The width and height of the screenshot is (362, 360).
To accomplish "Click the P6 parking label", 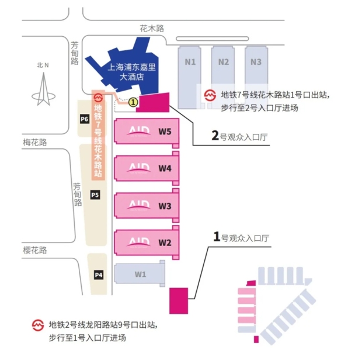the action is tap(85, 119).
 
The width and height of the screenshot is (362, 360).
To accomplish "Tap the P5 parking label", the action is tap(95, 195).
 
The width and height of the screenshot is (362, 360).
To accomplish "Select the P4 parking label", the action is tap(99, 275).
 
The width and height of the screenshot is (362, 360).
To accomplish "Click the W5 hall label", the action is tap(165, 131).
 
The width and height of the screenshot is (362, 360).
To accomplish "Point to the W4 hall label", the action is tap(165, 168).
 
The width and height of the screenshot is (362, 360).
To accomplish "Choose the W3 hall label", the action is tap(165, 206).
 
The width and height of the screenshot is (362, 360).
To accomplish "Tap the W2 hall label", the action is tap(165, 243).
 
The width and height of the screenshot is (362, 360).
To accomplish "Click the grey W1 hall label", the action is tap(140, 274).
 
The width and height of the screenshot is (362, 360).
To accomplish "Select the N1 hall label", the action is tap(190, 62).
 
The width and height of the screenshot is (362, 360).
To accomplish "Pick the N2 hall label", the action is tap(224, 62).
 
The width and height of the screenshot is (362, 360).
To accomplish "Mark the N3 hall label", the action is tap(256, 62).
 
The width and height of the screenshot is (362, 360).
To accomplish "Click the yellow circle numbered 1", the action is tap(133, 102).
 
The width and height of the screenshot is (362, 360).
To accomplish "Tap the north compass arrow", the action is tap(43, 89).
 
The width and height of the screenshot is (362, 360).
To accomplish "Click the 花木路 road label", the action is tap(152, 29).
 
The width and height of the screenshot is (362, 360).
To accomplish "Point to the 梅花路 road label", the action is tap(35, 143).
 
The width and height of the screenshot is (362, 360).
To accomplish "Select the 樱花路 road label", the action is tap(35, 250).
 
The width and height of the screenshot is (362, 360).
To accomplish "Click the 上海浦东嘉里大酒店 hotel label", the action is tap(131, 72).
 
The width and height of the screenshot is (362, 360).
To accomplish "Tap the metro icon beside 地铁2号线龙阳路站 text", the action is tap(38, 325).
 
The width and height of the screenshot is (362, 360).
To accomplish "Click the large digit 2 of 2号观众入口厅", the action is tap(215, 136).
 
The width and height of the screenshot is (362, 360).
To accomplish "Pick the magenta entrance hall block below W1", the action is tap(179, 301).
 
